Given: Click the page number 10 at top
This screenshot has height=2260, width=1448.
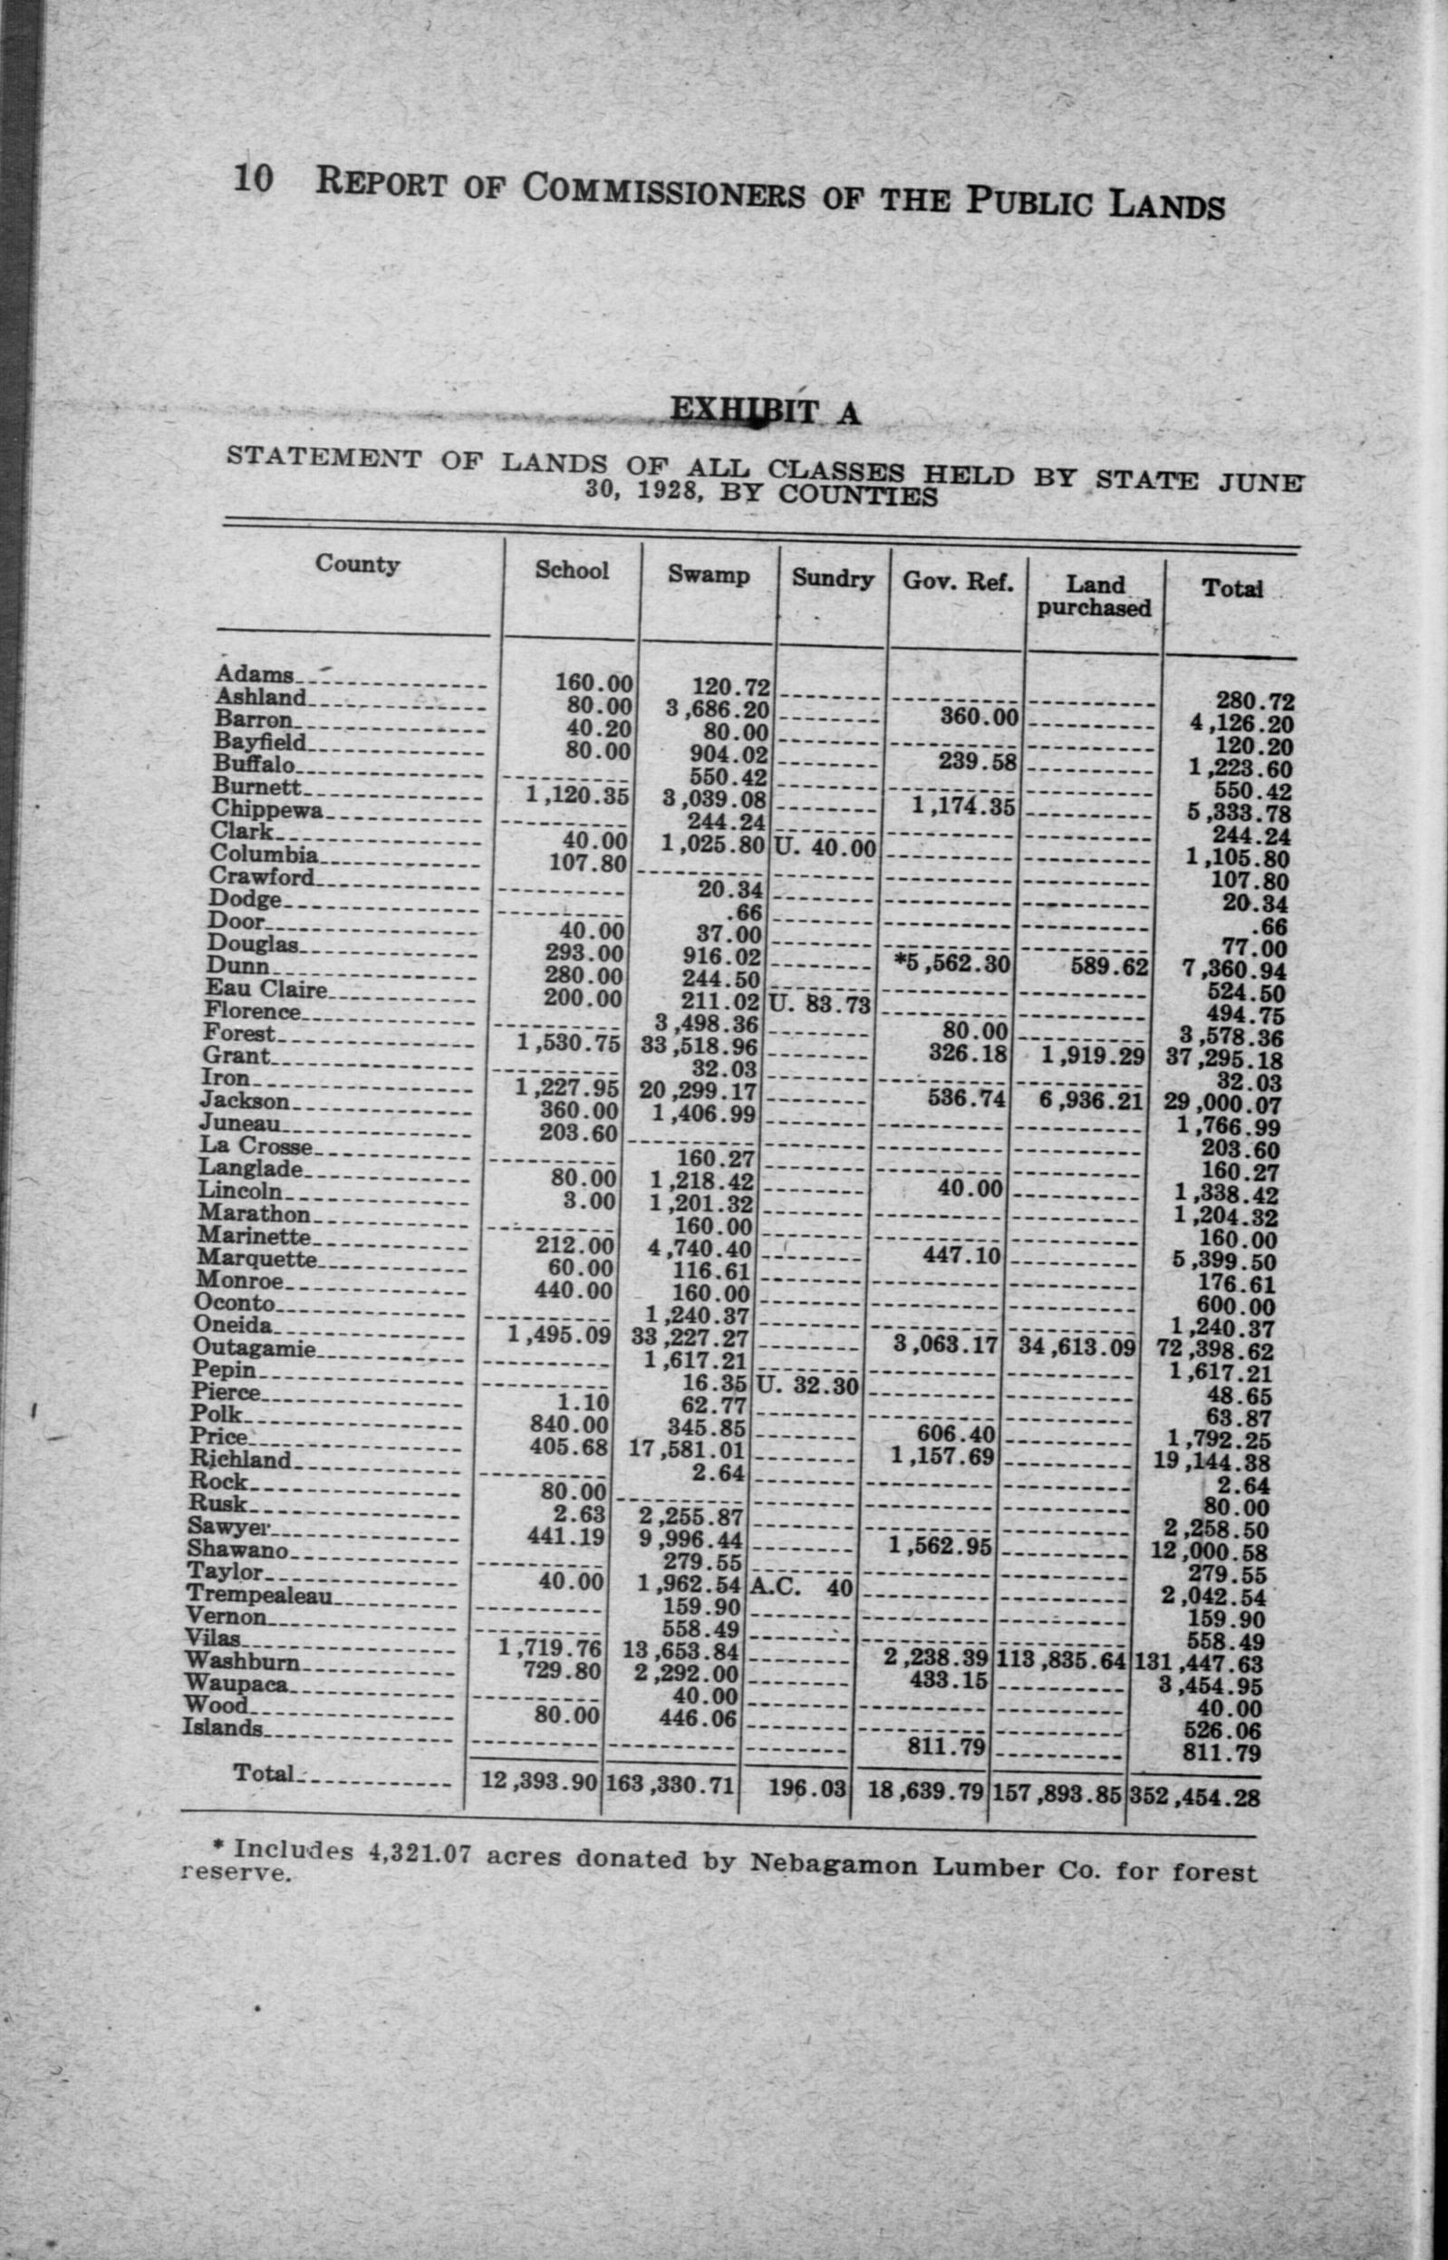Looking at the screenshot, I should point(253,178).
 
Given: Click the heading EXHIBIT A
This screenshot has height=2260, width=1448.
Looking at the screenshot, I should point(765,410).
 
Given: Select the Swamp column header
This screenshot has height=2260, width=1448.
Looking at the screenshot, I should point(709,575).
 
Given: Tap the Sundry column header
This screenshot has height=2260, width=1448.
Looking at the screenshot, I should point(832,579).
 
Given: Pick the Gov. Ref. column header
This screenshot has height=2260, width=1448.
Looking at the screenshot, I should point(958,582).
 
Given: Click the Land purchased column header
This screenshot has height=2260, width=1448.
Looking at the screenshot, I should point(1095,596).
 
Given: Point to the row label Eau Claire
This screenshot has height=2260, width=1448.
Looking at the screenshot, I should point(267,989).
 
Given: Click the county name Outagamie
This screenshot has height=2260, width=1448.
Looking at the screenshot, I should point(254,1349).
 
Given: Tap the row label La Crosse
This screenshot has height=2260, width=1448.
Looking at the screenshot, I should point(256,1146).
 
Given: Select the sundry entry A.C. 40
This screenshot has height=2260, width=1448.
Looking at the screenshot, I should point(801,1588).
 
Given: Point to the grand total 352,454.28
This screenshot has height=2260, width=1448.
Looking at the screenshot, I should point(1194,1797).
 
